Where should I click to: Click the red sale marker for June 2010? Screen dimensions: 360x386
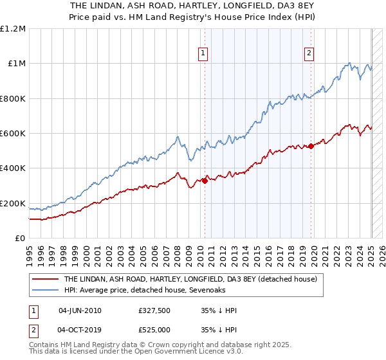[205, 181]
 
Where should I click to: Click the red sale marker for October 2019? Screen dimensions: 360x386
[311, 146]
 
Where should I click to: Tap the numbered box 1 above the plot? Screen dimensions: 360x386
[203, 53]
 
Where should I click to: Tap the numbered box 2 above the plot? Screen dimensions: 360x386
[309, 53]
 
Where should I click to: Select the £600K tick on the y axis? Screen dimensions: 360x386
[14, 134]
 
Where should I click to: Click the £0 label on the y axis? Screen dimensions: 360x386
[20, 239]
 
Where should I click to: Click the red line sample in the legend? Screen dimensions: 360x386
[44, 280]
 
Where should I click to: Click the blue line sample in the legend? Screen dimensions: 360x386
[44, 291]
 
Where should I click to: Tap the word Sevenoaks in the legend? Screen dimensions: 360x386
[170, 291]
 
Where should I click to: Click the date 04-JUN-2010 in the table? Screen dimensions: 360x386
[80, 310]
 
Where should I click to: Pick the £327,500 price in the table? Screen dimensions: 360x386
[154, 310]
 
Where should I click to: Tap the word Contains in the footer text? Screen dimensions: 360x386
[44, 345]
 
